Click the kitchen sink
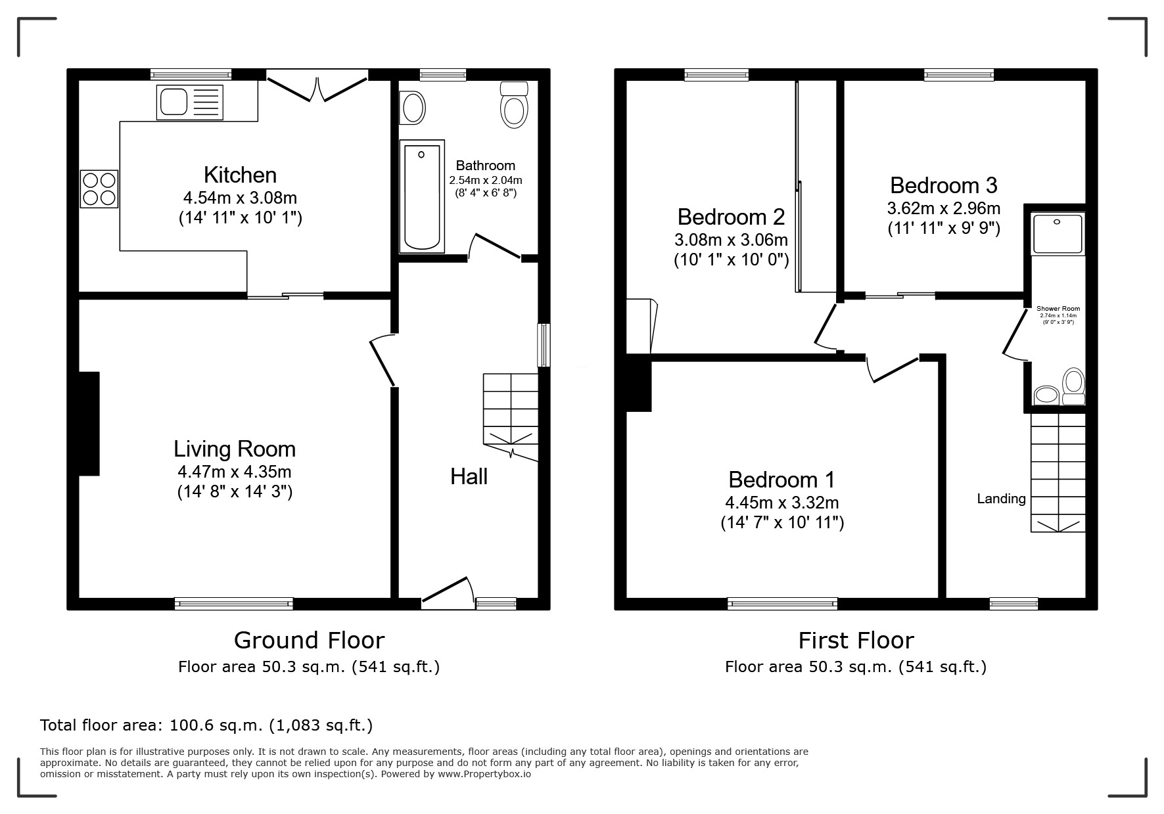point(190,102)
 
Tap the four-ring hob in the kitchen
point(99,189)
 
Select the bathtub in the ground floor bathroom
point(422,196)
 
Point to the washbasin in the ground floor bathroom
point(413,108)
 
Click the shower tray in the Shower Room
point(1058,234)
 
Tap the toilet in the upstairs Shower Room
point(1073,386)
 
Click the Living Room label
point(235,449)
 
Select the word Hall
point(469,476)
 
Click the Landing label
point(1001,499)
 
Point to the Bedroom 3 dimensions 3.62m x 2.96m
point(944,209)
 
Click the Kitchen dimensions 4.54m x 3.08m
point(241,197)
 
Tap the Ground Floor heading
point(309,640)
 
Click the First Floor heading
point(856,640)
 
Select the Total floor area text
point(206,725)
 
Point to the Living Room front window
point(234,604)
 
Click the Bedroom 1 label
point(781,480)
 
